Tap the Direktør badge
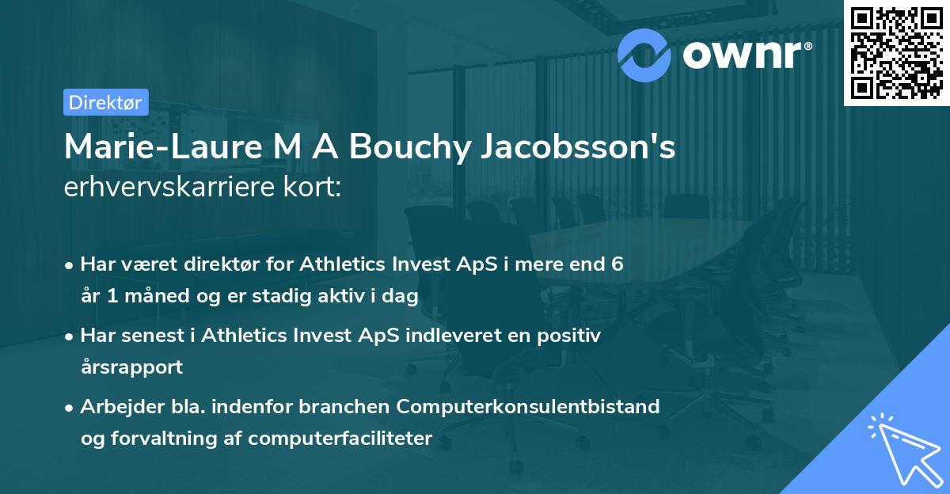pos(105,102)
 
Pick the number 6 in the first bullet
pos(616,264)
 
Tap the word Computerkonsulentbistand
pos(529,407)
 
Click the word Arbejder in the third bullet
pos(116,407)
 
